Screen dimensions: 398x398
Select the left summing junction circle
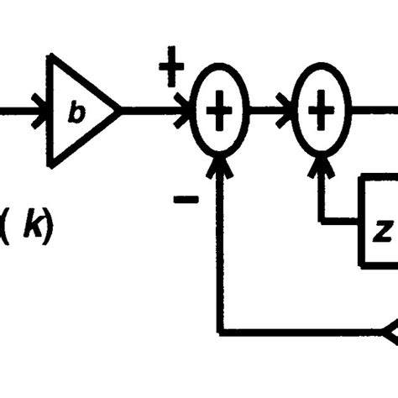coord(219,111)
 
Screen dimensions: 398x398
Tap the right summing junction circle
coord(319,111)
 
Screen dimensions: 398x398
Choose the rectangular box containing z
coord(378,223)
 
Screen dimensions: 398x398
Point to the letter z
coord(380,233)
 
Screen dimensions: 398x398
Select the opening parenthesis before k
coord(6,227)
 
